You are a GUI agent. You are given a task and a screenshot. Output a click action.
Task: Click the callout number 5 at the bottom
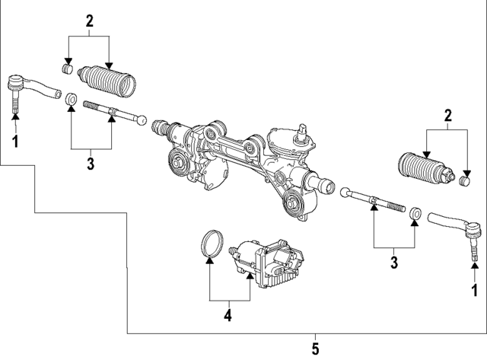pyautogui.click(x=316, y=349)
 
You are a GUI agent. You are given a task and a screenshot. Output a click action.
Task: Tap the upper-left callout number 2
pyautogui.click(x=89, y=21)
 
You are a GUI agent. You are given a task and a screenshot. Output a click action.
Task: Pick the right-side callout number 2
pyautogui.click(x=447, y=116)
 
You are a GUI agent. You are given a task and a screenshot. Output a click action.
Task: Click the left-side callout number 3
pyautogui.click(x=90, y=162)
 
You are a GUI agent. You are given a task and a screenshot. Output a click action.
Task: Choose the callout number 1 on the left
pyautogui.click(x=14, y=141)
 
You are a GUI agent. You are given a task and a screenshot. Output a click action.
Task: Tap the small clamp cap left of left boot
pyautogui.click(x=68, y=70)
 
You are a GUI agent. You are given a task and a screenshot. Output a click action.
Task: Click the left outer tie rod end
pyautogui.click(x=30, y=88)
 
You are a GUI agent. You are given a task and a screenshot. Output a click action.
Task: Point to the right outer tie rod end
pyautogui.click(x=457, y=225)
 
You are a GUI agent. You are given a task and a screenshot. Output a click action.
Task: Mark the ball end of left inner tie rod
pyautogui.click(x=142, y=120)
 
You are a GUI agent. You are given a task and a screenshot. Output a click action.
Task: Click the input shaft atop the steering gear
pyautogui.click(x=304, y=129)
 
